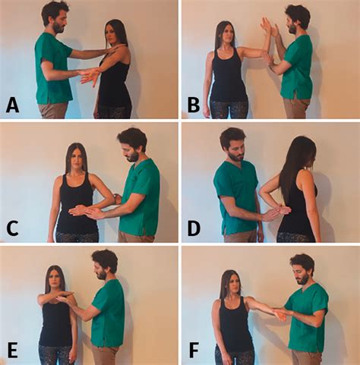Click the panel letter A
pos(13,105)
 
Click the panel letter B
pos(194,105)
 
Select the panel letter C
pos(12,229)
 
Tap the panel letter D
pos(194,228)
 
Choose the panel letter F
pos(194,351)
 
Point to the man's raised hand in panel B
pos(268,27)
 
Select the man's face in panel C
pos(131,149)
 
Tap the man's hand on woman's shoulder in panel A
pos(117,47)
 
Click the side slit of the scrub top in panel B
pos(295,94)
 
